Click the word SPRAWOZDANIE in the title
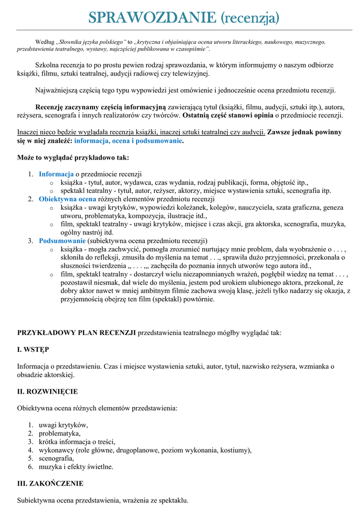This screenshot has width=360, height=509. (152, 18)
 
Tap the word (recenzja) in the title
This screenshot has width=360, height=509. (250, 19)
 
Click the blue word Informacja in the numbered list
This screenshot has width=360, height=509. (56, 174)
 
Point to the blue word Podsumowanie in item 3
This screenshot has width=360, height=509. (62, 241)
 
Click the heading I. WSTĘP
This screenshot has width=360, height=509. (33, 349)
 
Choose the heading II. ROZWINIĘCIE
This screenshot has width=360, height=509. (47, 392)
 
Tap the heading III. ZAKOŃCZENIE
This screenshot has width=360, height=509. (50, 483)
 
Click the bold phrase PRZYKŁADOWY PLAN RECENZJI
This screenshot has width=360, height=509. (77, 333)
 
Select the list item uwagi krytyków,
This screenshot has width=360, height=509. (63, 425)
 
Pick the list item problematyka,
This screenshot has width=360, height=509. (60, 433)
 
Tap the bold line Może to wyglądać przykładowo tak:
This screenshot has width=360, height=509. (73, 158)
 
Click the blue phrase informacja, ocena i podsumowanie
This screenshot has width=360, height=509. (128, 141)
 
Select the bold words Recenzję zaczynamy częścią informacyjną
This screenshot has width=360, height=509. (100, 107)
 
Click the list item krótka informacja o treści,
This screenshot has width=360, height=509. (77, 442)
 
